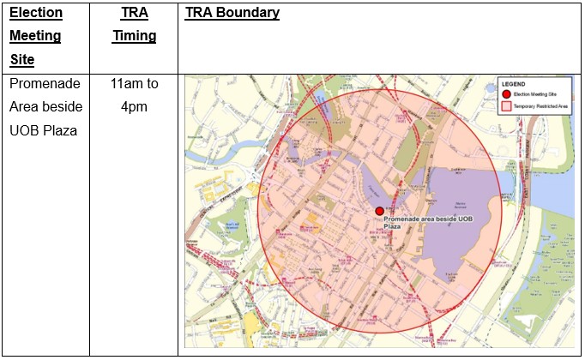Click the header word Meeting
[x=35, y=37]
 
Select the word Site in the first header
[x=22, y=60]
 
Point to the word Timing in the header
[x=133, y=37]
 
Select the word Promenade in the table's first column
[x=44, y=84]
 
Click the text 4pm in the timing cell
[x=133, y=106]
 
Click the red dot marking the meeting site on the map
[x=379, y=211]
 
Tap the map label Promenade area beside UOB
[x=425, y=220]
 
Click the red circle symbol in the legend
[x=507, y=93]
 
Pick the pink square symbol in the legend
[x=507, y=105]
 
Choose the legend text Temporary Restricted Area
[x=540, y=105]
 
